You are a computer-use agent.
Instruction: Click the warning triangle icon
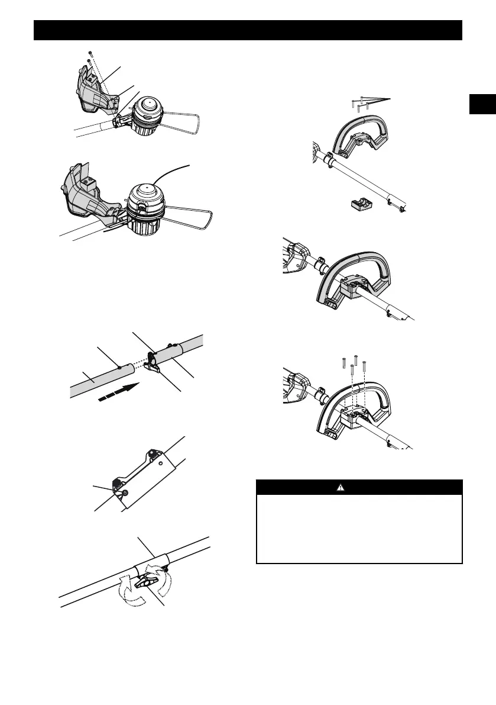pos(359,487)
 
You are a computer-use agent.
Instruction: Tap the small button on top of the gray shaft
pos(121,368)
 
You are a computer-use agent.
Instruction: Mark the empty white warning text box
pos(359,527)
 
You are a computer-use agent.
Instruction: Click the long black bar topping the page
pos(248,30)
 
